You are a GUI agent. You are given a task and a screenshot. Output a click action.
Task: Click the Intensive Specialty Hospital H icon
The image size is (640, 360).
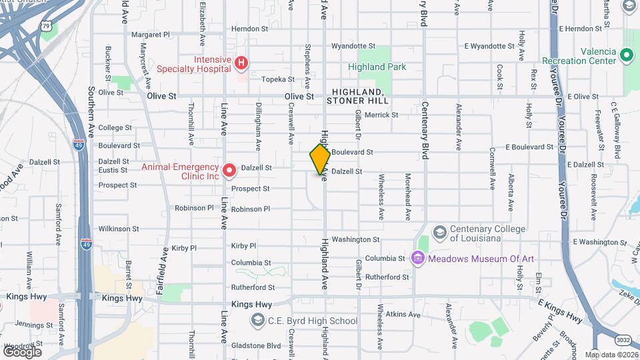(241, 63)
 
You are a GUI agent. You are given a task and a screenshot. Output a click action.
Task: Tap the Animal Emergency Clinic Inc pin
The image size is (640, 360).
(229, 171)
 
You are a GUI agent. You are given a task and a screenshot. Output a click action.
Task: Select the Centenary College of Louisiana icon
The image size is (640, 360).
(440, 233)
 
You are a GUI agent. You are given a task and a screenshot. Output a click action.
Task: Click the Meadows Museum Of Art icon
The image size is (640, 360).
(418, 258)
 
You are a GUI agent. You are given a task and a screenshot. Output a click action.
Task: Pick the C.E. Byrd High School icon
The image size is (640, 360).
(257, 321)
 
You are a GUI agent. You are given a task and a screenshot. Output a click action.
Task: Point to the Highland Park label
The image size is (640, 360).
(377, 67)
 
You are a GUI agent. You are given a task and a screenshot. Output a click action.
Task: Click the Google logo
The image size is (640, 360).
(22, 351)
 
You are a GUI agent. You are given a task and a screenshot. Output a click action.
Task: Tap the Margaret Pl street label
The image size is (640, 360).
(151, 35)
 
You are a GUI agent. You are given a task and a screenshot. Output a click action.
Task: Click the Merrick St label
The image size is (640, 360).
(381, 115)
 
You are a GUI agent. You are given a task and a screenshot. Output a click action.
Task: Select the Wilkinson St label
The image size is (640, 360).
(113, 229)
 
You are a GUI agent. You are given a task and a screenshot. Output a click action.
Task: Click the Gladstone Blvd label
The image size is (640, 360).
(255, 346)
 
